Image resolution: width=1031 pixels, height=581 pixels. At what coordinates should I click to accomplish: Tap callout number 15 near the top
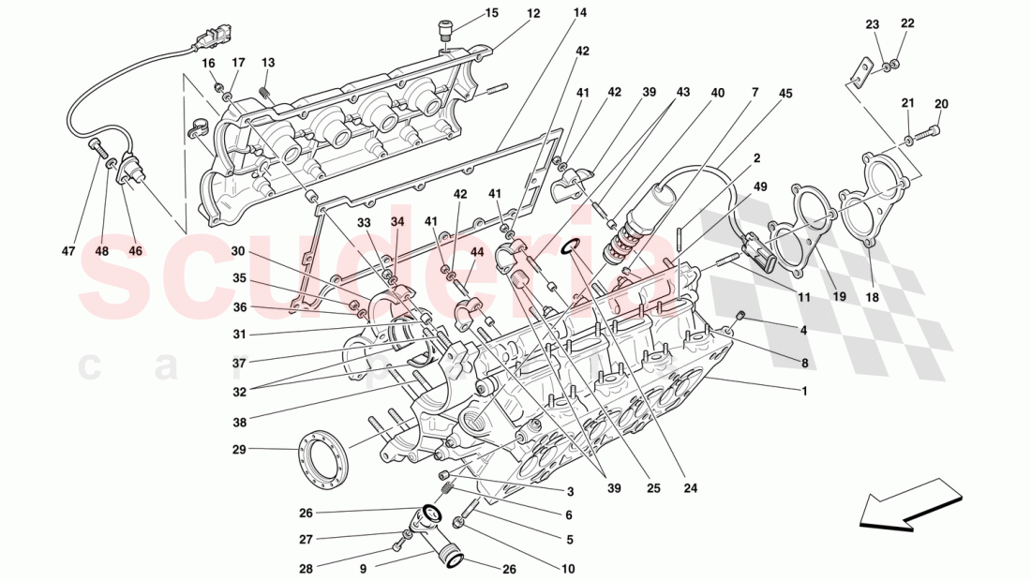point(492,13)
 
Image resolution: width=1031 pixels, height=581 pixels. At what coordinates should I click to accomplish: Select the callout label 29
point(238,450)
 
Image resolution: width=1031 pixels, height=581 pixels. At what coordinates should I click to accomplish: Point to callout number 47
point(68,251)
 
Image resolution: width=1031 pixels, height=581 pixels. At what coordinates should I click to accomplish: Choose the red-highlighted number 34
point(397,222)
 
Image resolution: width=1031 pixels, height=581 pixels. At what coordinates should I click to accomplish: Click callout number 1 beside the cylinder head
point(802,391)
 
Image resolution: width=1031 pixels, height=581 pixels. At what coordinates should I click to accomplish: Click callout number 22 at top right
point(907,22)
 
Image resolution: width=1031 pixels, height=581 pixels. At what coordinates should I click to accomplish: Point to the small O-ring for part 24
point(571,247)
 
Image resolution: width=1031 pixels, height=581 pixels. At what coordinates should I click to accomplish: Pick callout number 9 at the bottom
point(363,567)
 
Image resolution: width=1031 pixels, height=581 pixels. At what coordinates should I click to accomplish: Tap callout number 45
point(785,93)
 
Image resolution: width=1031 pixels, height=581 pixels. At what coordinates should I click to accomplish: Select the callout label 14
point(580,13)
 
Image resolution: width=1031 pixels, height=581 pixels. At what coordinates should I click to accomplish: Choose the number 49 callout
point(760,186)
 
